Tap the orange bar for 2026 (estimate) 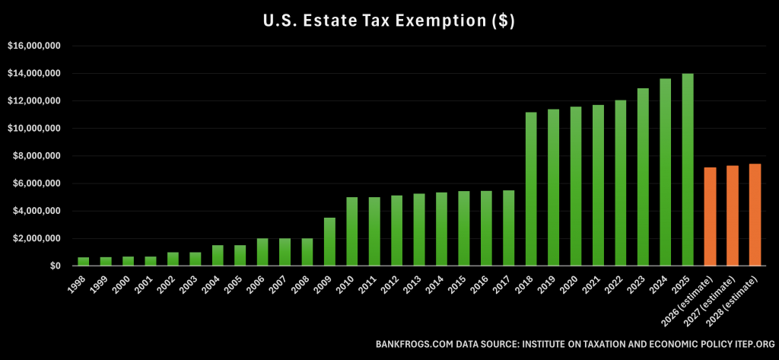(x=711, y=216)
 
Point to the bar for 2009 (x=329, y=242)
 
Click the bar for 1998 (x=84, y=261)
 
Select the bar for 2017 (x=509, y=228)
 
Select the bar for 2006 (x=262, y=252)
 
